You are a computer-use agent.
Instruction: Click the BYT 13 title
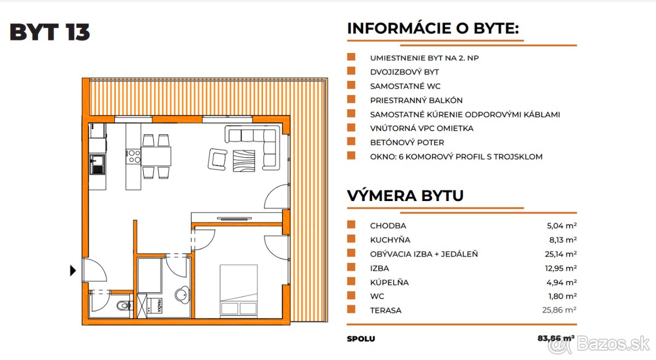coord(50,33)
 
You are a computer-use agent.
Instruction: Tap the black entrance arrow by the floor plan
coord(73,270)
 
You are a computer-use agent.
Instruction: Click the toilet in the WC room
coord(124,305)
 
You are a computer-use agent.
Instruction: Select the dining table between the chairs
coord(157,157)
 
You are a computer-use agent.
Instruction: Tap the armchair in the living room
coord(217,159)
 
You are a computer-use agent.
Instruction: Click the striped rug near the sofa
coord(244,161)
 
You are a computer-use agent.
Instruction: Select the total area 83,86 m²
coord(555,339)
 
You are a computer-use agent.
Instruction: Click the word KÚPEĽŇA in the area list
coord(389,282)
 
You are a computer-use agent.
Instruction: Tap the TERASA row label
coord(385,310)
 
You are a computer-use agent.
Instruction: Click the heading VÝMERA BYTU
coord(405,196)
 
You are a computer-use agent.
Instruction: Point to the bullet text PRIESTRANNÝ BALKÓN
coord(416,101)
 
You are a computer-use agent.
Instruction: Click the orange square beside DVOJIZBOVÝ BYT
coord(352,72)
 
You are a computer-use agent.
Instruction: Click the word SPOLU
coord(361,339)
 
